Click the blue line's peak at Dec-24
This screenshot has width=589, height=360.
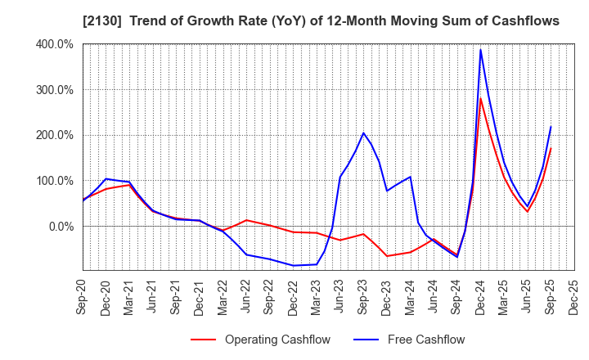[x=480, y=49]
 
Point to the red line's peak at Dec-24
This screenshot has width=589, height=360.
[x=480, y=98]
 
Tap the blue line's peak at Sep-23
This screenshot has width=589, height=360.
[x=363, y=133]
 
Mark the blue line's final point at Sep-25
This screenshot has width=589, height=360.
[x=551, y=127]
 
